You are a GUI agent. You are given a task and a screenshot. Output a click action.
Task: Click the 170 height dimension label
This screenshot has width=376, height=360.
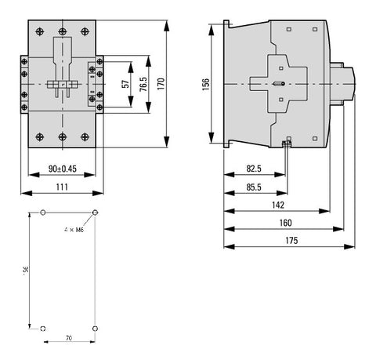[161, 84]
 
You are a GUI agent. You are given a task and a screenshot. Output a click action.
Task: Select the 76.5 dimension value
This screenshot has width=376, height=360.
[143, 84]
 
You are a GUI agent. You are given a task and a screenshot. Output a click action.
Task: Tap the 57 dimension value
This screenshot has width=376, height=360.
[125, 84]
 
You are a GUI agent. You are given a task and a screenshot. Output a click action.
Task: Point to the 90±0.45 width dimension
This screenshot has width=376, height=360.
[63, 169]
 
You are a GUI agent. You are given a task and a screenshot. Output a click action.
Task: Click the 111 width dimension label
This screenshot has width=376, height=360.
[62, 187]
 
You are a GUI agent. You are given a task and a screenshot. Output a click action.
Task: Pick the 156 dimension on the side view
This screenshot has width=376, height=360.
[206, 84]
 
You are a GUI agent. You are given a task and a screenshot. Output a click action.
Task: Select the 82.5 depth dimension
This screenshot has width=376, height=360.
[254, 169]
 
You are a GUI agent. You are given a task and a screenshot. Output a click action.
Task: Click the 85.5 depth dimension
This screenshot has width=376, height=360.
[254, 187]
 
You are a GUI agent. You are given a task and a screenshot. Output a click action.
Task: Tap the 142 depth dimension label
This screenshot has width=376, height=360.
[278, 205]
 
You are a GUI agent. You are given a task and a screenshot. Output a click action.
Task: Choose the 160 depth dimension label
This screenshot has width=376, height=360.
[286, 223]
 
